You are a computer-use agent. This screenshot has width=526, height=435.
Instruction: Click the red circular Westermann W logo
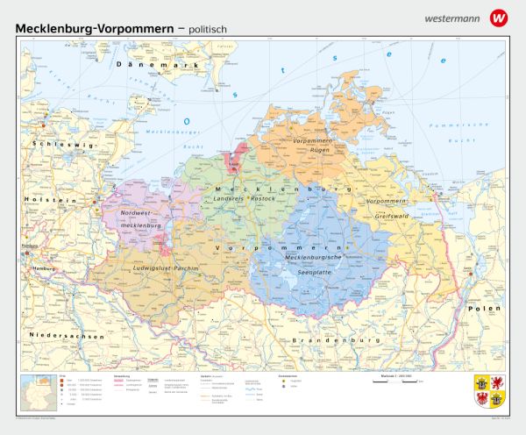click(499, 17)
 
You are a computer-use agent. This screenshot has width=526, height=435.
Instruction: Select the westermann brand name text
click(453, 18)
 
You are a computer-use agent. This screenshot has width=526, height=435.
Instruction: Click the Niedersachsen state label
click(68, 336)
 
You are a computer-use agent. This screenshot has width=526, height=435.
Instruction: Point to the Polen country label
click(483, 309)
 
